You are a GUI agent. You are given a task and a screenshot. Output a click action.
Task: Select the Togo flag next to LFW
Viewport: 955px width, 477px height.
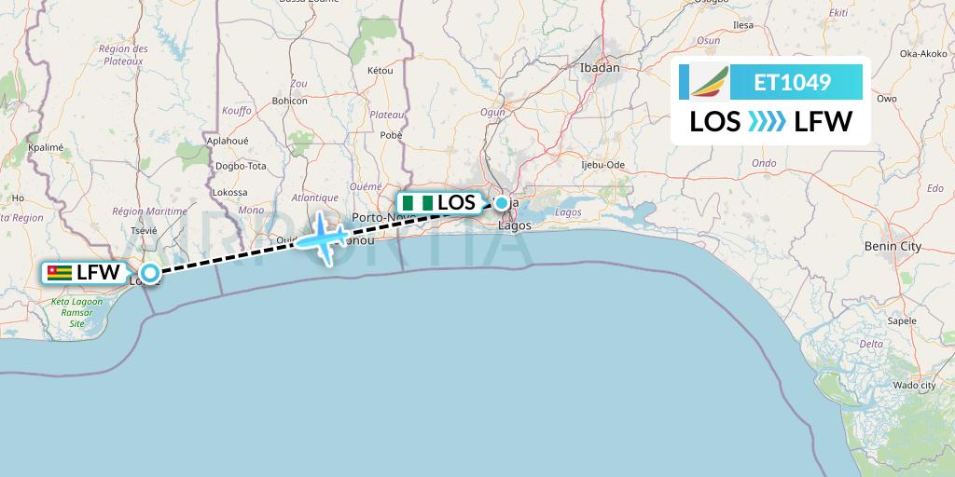coord(58,273)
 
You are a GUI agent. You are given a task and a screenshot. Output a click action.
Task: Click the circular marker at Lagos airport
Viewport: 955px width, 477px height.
coord(502,203)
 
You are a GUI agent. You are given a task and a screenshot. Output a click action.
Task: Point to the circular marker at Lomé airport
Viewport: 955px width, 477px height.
coord(149,274)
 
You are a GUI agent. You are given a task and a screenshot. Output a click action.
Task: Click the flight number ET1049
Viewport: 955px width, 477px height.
coord(792,82)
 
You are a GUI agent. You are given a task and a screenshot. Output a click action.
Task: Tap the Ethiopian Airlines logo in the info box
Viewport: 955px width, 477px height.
coord(706,82)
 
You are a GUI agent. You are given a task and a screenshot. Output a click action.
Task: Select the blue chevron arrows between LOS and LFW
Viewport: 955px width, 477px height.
coord(768,121)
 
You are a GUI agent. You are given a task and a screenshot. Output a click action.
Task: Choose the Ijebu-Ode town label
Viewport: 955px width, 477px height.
coord(602,165)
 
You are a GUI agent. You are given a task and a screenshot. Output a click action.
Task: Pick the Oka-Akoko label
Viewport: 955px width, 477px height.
coord(922,54)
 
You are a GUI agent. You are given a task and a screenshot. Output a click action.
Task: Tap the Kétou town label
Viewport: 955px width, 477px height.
coord(381,71)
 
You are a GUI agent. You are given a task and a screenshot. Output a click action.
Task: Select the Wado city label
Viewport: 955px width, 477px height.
coord(914,385)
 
